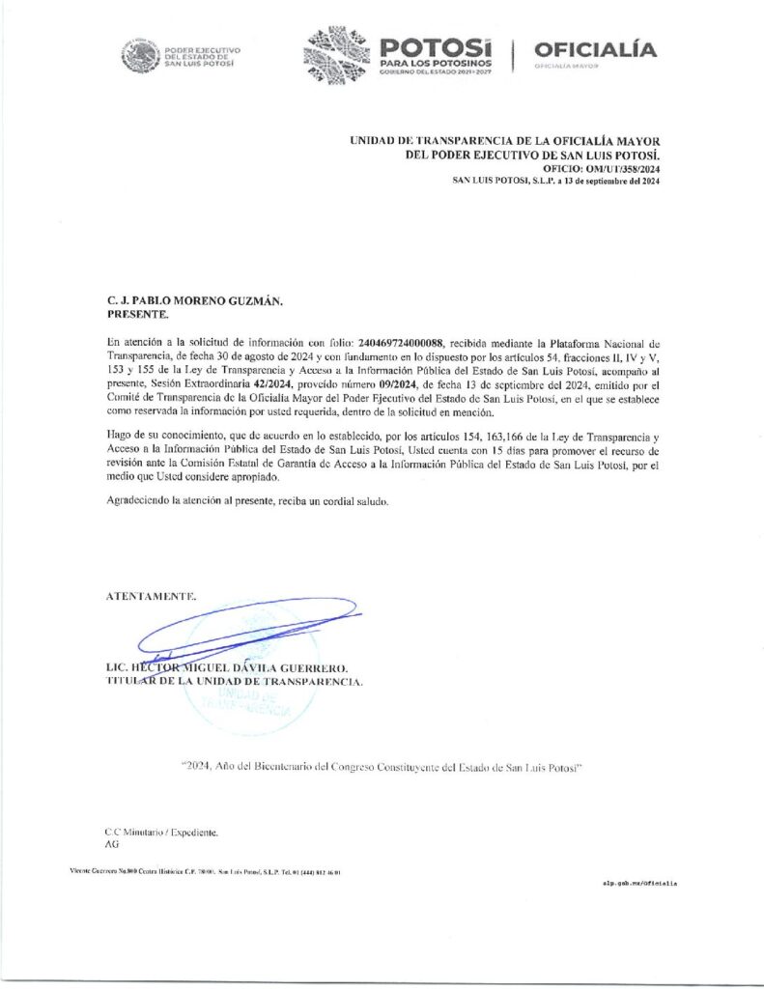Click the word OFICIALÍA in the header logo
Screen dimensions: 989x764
594,49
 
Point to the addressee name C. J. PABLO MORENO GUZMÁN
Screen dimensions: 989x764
194,301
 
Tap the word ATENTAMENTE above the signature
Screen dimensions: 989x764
150,596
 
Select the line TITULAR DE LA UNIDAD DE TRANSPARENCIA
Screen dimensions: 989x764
235,682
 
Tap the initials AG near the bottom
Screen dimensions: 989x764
111,843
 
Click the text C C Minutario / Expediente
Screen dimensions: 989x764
162,831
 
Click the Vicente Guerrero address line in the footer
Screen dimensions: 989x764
205,871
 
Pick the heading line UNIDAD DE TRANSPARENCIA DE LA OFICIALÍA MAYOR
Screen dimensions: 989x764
505,141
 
